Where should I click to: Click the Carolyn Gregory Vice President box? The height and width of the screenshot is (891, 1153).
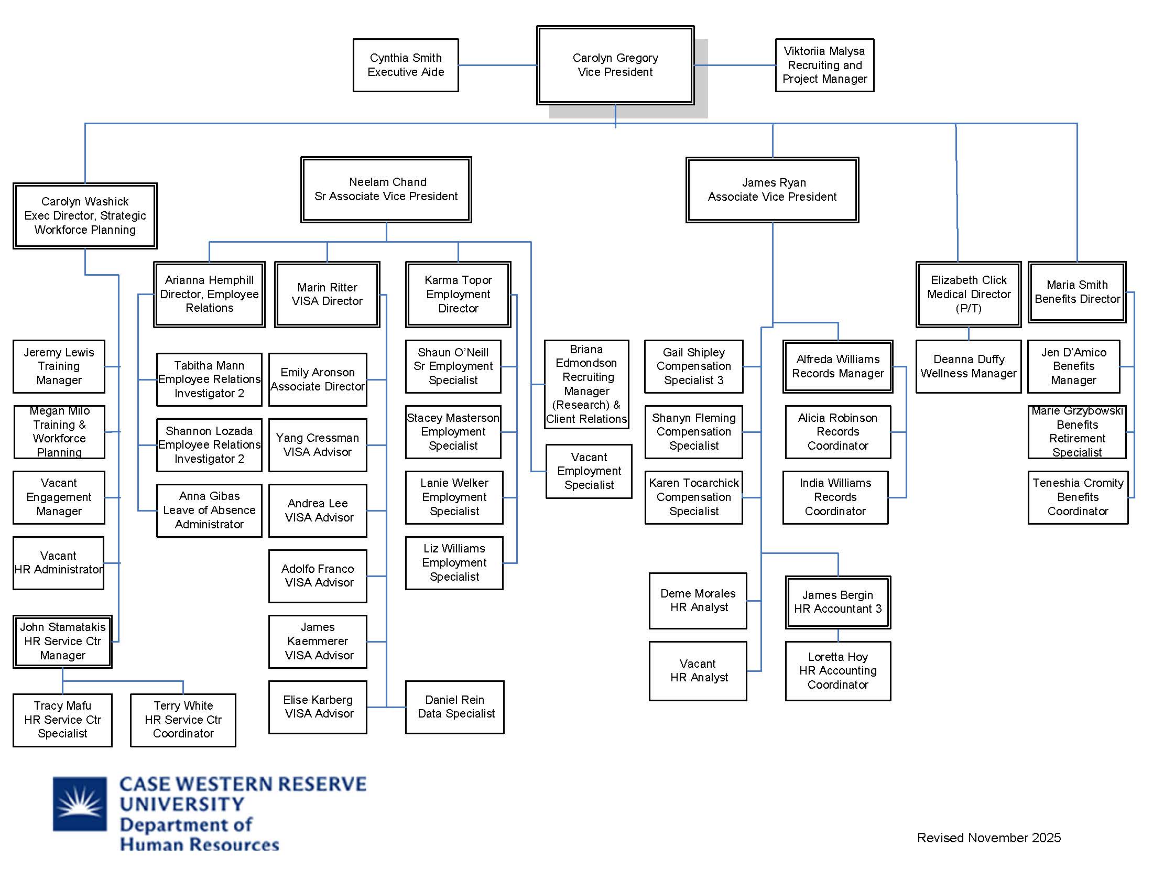pos(615,65)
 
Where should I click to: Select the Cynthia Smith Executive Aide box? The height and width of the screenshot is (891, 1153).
pos(406,65)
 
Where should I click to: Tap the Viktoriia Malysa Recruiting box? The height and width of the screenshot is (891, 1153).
pos(824,65)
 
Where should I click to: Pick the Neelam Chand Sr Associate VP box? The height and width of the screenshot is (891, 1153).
pos(386,190)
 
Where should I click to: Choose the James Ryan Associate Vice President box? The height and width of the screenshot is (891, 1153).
pos(772,190)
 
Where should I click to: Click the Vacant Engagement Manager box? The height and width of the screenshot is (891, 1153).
pos(59,497)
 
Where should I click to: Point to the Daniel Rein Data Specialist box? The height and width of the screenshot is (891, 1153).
pos(454,707)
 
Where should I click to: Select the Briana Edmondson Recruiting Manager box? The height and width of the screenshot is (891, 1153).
pos(586,384)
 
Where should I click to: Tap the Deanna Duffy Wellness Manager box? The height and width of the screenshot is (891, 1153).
pos(968,366)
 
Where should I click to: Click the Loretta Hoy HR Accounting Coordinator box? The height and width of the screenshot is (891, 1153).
pos(837,671)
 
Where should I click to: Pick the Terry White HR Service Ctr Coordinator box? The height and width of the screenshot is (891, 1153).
pos(183,720)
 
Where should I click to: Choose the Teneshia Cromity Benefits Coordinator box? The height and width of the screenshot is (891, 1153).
pos(1078,497)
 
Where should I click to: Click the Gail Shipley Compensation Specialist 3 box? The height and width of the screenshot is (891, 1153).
pos(693,366)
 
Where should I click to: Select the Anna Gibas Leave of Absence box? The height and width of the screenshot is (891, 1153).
pos(209,510)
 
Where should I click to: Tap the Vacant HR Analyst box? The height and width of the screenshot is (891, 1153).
pos(698,671)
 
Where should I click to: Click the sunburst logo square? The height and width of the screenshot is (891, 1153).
pos(80,803)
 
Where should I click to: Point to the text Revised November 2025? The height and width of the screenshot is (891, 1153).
pos(988,838)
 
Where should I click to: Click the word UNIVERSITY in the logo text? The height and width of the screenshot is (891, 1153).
pos(182,805)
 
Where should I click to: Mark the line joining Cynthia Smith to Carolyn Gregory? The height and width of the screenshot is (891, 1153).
pos(497,66)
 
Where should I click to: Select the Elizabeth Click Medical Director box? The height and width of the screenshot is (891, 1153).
pos(968,294)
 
